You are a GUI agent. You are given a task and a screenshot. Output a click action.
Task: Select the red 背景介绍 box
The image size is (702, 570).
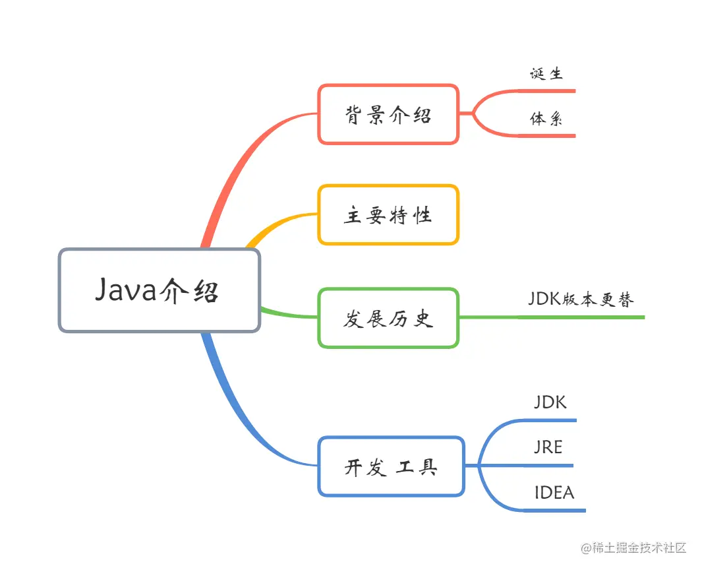click(x=388, y=114)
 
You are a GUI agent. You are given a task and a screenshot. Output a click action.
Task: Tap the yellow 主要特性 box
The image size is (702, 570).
click(x=388, y=215)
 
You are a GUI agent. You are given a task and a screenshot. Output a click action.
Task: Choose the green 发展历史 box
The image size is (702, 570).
click(x=388, y=318)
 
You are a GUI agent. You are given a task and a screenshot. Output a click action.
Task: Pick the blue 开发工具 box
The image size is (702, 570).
click(x=391, y=466)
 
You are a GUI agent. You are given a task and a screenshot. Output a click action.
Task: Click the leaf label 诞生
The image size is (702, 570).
click(x=546, y=73)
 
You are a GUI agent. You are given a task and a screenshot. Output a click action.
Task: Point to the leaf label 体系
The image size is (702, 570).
click(x=546, y=119)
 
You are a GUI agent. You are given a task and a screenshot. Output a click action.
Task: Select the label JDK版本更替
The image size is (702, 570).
click(x=580, y=299)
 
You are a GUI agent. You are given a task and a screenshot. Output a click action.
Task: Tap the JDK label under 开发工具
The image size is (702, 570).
click(x=550, y=402)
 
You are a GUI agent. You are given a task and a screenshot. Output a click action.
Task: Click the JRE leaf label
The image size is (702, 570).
click(x=548, y=447)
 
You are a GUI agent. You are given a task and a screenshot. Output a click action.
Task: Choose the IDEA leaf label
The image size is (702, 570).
click(x=554, y=493)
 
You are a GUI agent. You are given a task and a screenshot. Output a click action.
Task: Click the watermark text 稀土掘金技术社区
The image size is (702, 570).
click(x=638, y=548)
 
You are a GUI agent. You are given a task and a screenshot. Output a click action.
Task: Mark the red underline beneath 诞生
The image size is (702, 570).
click(x=547, y=91)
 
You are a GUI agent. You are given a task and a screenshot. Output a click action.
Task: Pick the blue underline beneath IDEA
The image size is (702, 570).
click(x=554, y=510)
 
